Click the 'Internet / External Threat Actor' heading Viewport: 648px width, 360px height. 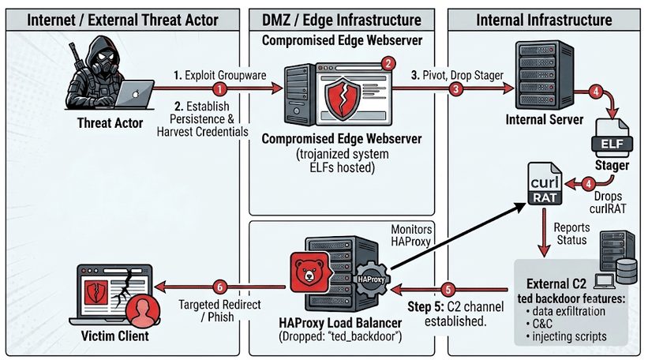click(122, 20)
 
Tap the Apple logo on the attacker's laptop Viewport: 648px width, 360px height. click(135, 94)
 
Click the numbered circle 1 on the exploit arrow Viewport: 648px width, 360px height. click(220, 88)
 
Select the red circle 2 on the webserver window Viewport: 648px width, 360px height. click(388, 64)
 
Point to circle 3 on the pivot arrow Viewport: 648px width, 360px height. click(456, 88)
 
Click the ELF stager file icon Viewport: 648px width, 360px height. click(612, 138)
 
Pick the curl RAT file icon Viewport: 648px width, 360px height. click(545, 183)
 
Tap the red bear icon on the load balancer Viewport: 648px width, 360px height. click(309, 272)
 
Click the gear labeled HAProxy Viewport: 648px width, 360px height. click(371, 279)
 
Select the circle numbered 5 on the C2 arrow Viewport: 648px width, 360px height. click(448, 289)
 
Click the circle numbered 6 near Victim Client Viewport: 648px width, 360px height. click(220, 287)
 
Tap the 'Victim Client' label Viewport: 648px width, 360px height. click(115, 336)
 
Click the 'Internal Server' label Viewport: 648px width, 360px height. click(545, 119)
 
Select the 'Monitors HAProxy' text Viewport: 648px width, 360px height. click(411, 235)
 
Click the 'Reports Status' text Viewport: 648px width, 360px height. click(571, 234)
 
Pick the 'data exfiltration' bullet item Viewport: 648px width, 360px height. click(566, 311)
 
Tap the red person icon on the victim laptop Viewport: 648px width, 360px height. click(143, 310)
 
